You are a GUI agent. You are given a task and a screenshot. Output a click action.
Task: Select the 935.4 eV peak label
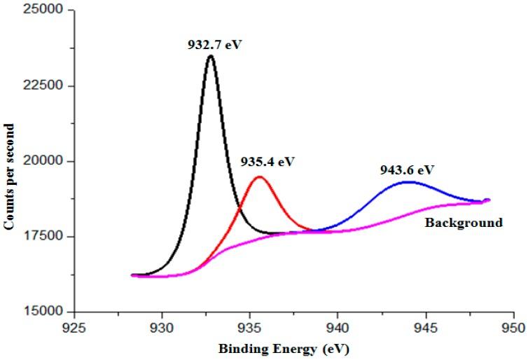click(268, 162)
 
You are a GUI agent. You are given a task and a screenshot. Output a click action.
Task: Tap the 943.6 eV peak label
click(408, 169)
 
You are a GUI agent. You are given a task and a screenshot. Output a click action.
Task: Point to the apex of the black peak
click(210, 56)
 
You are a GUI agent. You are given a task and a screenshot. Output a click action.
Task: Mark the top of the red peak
click(259, 176)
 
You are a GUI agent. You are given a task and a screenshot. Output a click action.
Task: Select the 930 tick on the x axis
click(162, 327)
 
